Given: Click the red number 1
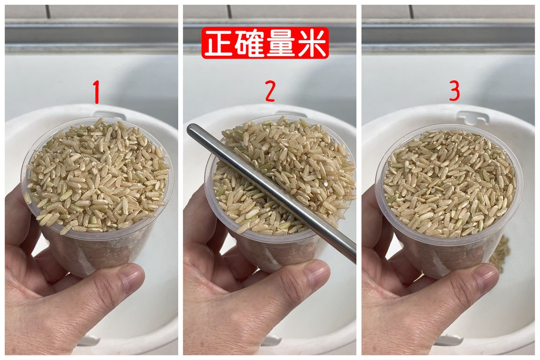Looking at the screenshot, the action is [97, 92].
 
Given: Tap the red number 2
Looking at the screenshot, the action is [270, 91].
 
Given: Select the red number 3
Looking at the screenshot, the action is [454, 90].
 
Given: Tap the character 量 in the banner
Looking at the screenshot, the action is [281, 43].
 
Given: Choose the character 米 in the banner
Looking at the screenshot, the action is [311, 43].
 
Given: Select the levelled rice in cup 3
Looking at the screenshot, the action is [449, 183].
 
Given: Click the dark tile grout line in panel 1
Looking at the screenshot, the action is [48, 12].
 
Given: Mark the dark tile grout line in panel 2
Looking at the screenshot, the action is [229, 12].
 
